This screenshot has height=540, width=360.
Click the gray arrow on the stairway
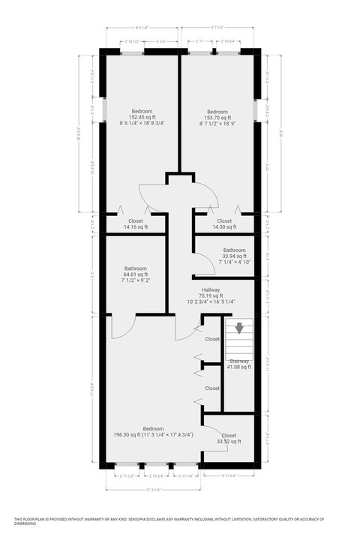click(239, 328)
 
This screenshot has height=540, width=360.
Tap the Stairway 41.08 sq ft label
click(239, 364)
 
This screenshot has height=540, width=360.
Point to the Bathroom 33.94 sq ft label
click(233, 256)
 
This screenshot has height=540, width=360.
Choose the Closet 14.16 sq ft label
click(136, 223)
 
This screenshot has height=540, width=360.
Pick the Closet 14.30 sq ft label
click(224, 223)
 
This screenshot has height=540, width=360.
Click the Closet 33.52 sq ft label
click(229, 439)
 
